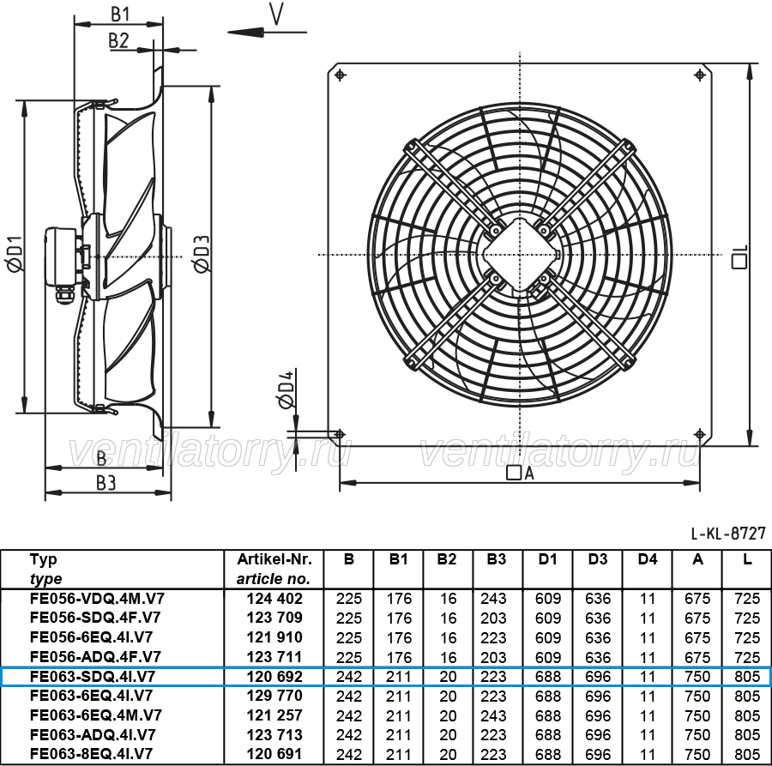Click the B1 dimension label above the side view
coord(120,15)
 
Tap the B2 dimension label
coord(118,40)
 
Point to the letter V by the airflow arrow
coord(276,14)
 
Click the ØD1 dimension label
coord(15,254)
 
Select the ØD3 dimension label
coord(202,254)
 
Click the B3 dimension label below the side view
coord(106,484)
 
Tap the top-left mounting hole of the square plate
coord(340,75)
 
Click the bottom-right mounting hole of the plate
coord(700,434)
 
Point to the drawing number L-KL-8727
coord(728,534)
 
